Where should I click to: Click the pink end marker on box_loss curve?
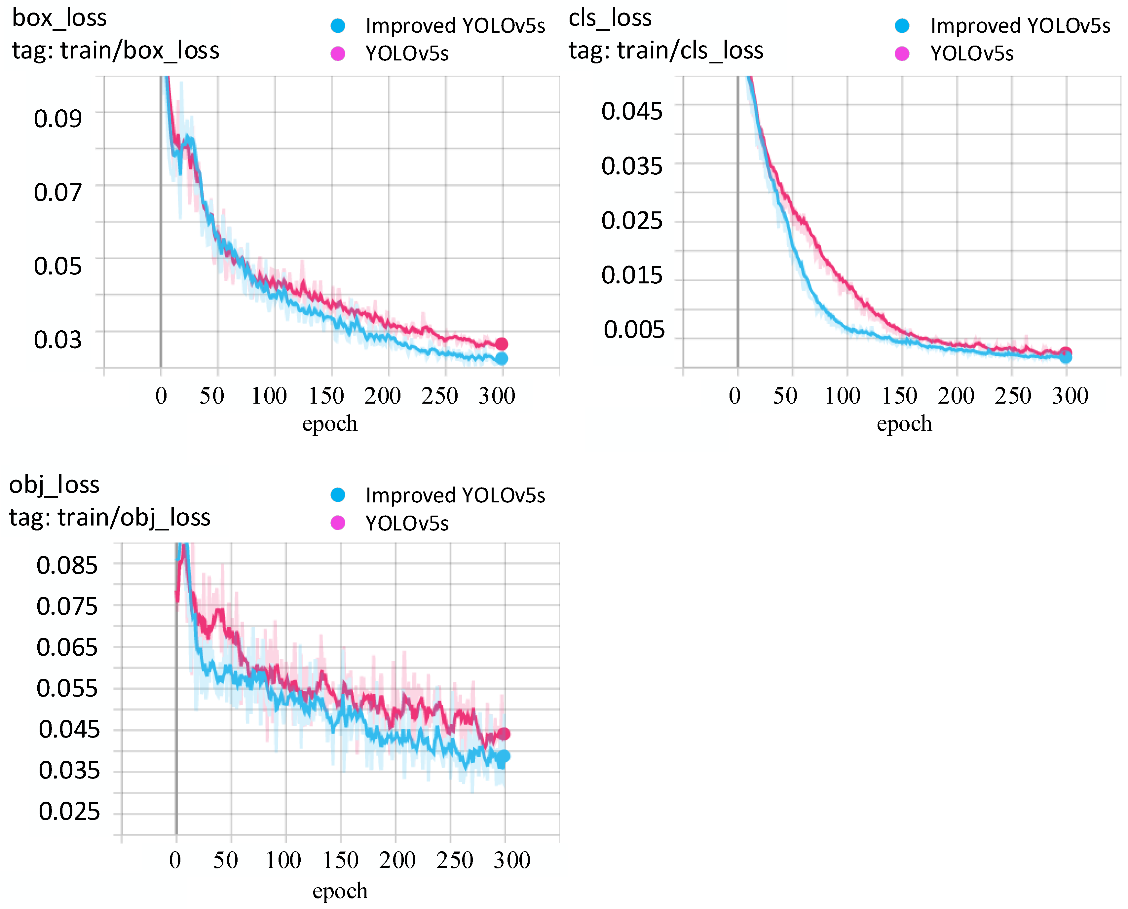point(501,344)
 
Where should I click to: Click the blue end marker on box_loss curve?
point(501,359)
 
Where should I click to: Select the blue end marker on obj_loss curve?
point(503,757)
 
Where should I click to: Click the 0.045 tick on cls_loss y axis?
point(631,111)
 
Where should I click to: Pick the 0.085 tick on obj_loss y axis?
point(67,565)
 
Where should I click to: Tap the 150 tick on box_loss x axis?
point(326,396)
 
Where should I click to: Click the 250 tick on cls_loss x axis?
point(1012,396)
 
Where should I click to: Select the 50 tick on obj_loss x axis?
point(226,860)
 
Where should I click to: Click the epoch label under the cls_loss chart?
point(904,423)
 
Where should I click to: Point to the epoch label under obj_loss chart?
point(340,891)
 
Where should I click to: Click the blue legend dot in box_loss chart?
point(338,25)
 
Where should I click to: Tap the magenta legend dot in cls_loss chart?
point(902,54)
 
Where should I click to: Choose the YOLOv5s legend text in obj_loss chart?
point(407,523)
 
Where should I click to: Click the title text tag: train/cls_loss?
point(665,50)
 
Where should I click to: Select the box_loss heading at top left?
point(59,18)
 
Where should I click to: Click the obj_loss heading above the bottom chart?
point(54,484)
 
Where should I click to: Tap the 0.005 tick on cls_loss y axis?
point(634,330)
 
